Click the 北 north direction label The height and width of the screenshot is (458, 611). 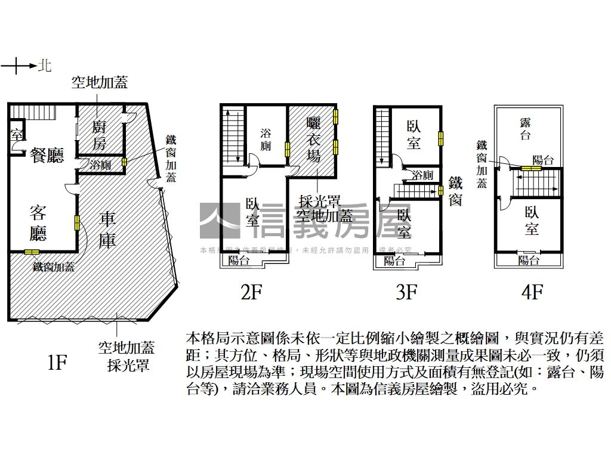tap(44, 64)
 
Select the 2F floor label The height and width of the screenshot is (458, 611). tap(251, 292)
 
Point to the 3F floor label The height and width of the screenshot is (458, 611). tap(406, 292)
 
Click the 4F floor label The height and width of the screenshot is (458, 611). tap(532, 292)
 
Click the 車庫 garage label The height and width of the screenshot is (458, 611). tap(107, 228)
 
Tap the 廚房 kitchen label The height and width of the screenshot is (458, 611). tap(100, 135)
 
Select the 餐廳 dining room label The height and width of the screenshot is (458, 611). tap(47, 156)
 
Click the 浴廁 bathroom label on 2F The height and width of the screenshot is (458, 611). tap(266, 139)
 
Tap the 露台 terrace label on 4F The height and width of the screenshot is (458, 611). tap(526, 129)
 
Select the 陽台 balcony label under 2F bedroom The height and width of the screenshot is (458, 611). tap(239, 260)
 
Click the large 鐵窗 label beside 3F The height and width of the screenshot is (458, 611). tap(455, 191)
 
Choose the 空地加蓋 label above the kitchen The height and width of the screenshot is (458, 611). tap(100, 82)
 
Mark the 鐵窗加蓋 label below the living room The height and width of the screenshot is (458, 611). tap(54, 267)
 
